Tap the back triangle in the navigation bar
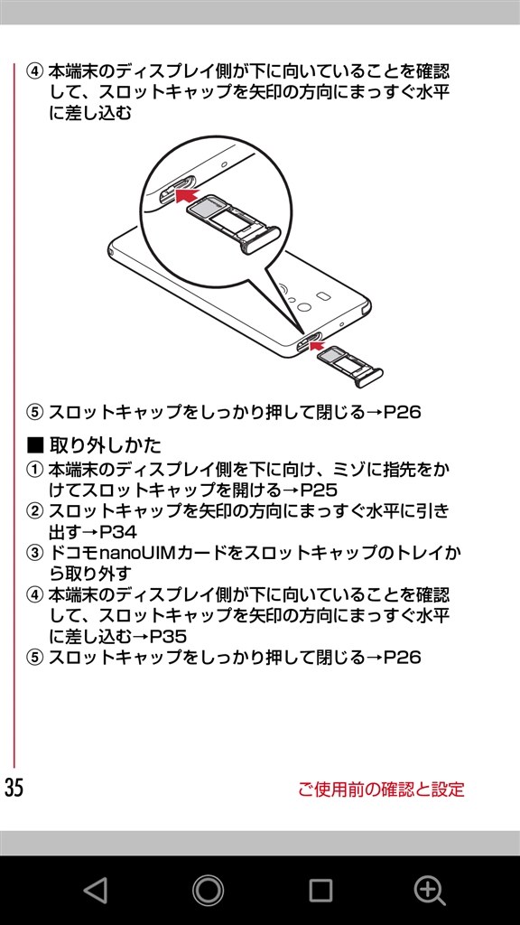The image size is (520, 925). click(x=96, y=891)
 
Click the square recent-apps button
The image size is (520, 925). click(x=320, y=891)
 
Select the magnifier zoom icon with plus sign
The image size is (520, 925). click(x=429, y=891)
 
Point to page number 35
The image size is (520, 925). click(x=14, y=788)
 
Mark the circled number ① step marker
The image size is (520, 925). click(x=35, y=470)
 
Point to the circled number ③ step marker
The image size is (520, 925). click(x=35, y=554)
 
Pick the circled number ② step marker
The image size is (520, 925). click(x=35, y=511)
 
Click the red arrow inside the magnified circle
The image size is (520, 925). click(x=185, y=195)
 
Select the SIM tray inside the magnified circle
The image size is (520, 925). click(x=230, y=224)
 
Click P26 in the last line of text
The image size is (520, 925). click(x=403, y=658)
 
